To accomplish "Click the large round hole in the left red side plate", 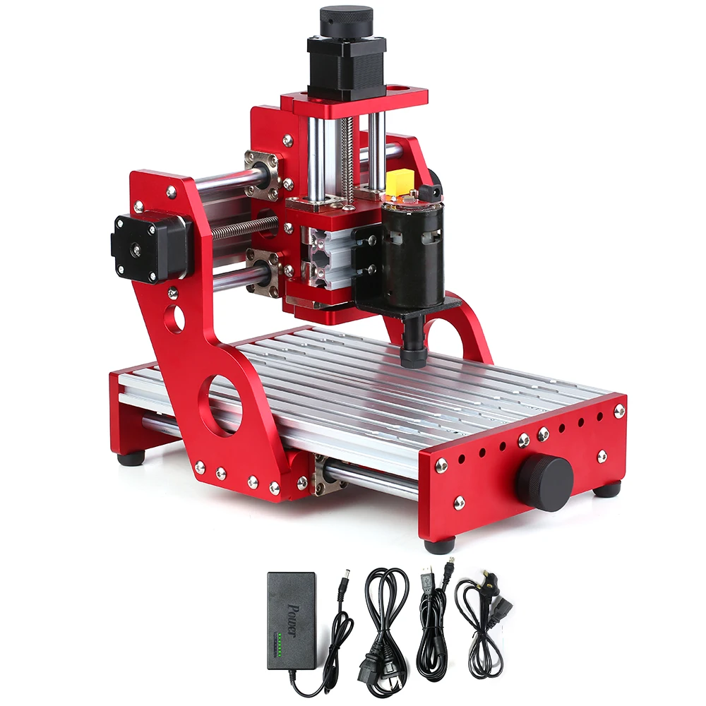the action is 220,405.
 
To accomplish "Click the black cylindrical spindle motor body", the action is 412,257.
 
